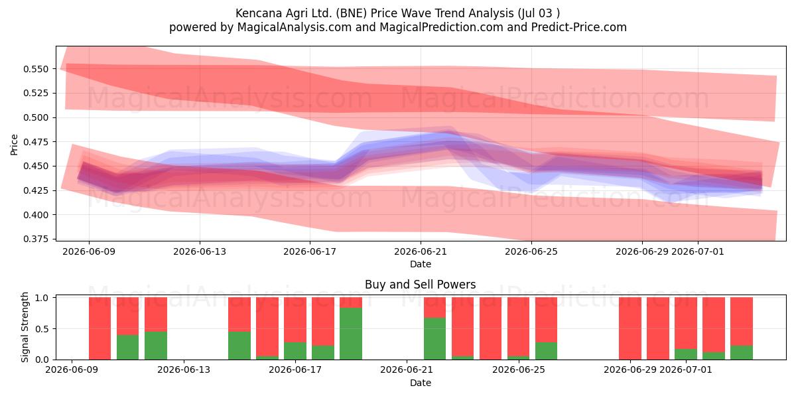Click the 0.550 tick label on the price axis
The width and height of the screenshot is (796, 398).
click(36, 69)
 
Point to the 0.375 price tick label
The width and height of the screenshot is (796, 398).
click(36, 239)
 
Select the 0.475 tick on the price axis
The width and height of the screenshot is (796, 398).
click(36, 142)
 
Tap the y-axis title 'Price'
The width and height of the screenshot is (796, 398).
click(14, 145)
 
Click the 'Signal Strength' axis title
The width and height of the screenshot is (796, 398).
click(25, 327)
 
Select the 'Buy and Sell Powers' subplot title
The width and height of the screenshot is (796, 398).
click(421, 285)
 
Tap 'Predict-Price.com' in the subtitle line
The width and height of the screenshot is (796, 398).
click(579, 27)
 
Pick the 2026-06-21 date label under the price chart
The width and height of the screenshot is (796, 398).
click(421, 251)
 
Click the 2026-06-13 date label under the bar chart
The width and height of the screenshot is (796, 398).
click(184, 370)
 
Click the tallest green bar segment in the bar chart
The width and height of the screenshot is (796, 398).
click(351, 334)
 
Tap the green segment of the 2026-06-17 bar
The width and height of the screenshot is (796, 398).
click(295, 351)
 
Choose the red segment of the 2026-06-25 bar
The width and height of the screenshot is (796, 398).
click(518, 326)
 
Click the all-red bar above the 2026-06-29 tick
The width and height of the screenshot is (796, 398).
click(630, 328)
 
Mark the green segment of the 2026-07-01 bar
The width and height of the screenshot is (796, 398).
click(686, 354)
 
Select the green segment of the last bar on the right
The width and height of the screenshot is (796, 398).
click(742, 352)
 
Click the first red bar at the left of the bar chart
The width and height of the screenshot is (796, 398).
click(99, 328)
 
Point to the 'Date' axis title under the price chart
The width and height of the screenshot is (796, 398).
click(421, 265)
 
